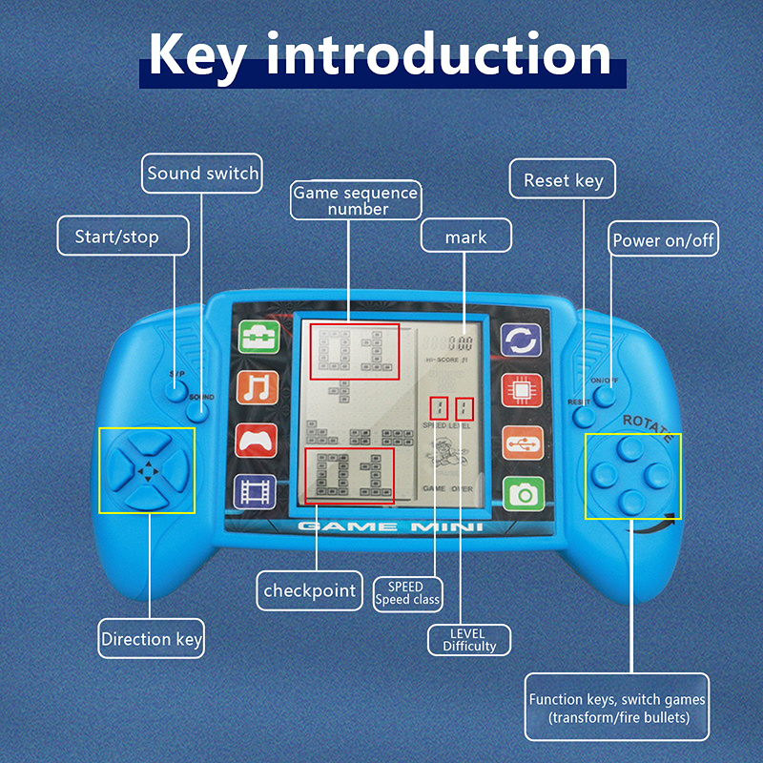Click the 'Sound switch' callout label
[x=202, y=174]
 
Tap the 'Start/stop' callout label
[x=116, y=237]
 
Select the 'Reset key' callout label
[x=564, y=179]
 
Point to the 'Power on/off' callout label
[x=664, y=240]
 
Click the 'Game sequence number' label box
[x=355, y=200]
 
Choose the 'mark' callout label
[x=465, y=237]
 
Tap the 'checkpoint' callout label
[x=310, y=591]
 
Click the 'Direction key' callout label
[x=152, y=639]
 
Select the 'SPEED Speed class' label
[x=406, y=593]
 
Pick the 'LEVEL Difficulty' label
[x=468, y=640]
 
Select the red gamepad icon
[x=256, y=440]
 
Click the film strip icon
[x=255, y=491]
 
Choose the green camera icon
[x=522, y=492]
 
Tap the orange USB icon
[x=522, y=441]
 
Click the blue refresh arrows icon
[x=522, y=339]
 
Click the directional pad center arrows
[x=146, y=470]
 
